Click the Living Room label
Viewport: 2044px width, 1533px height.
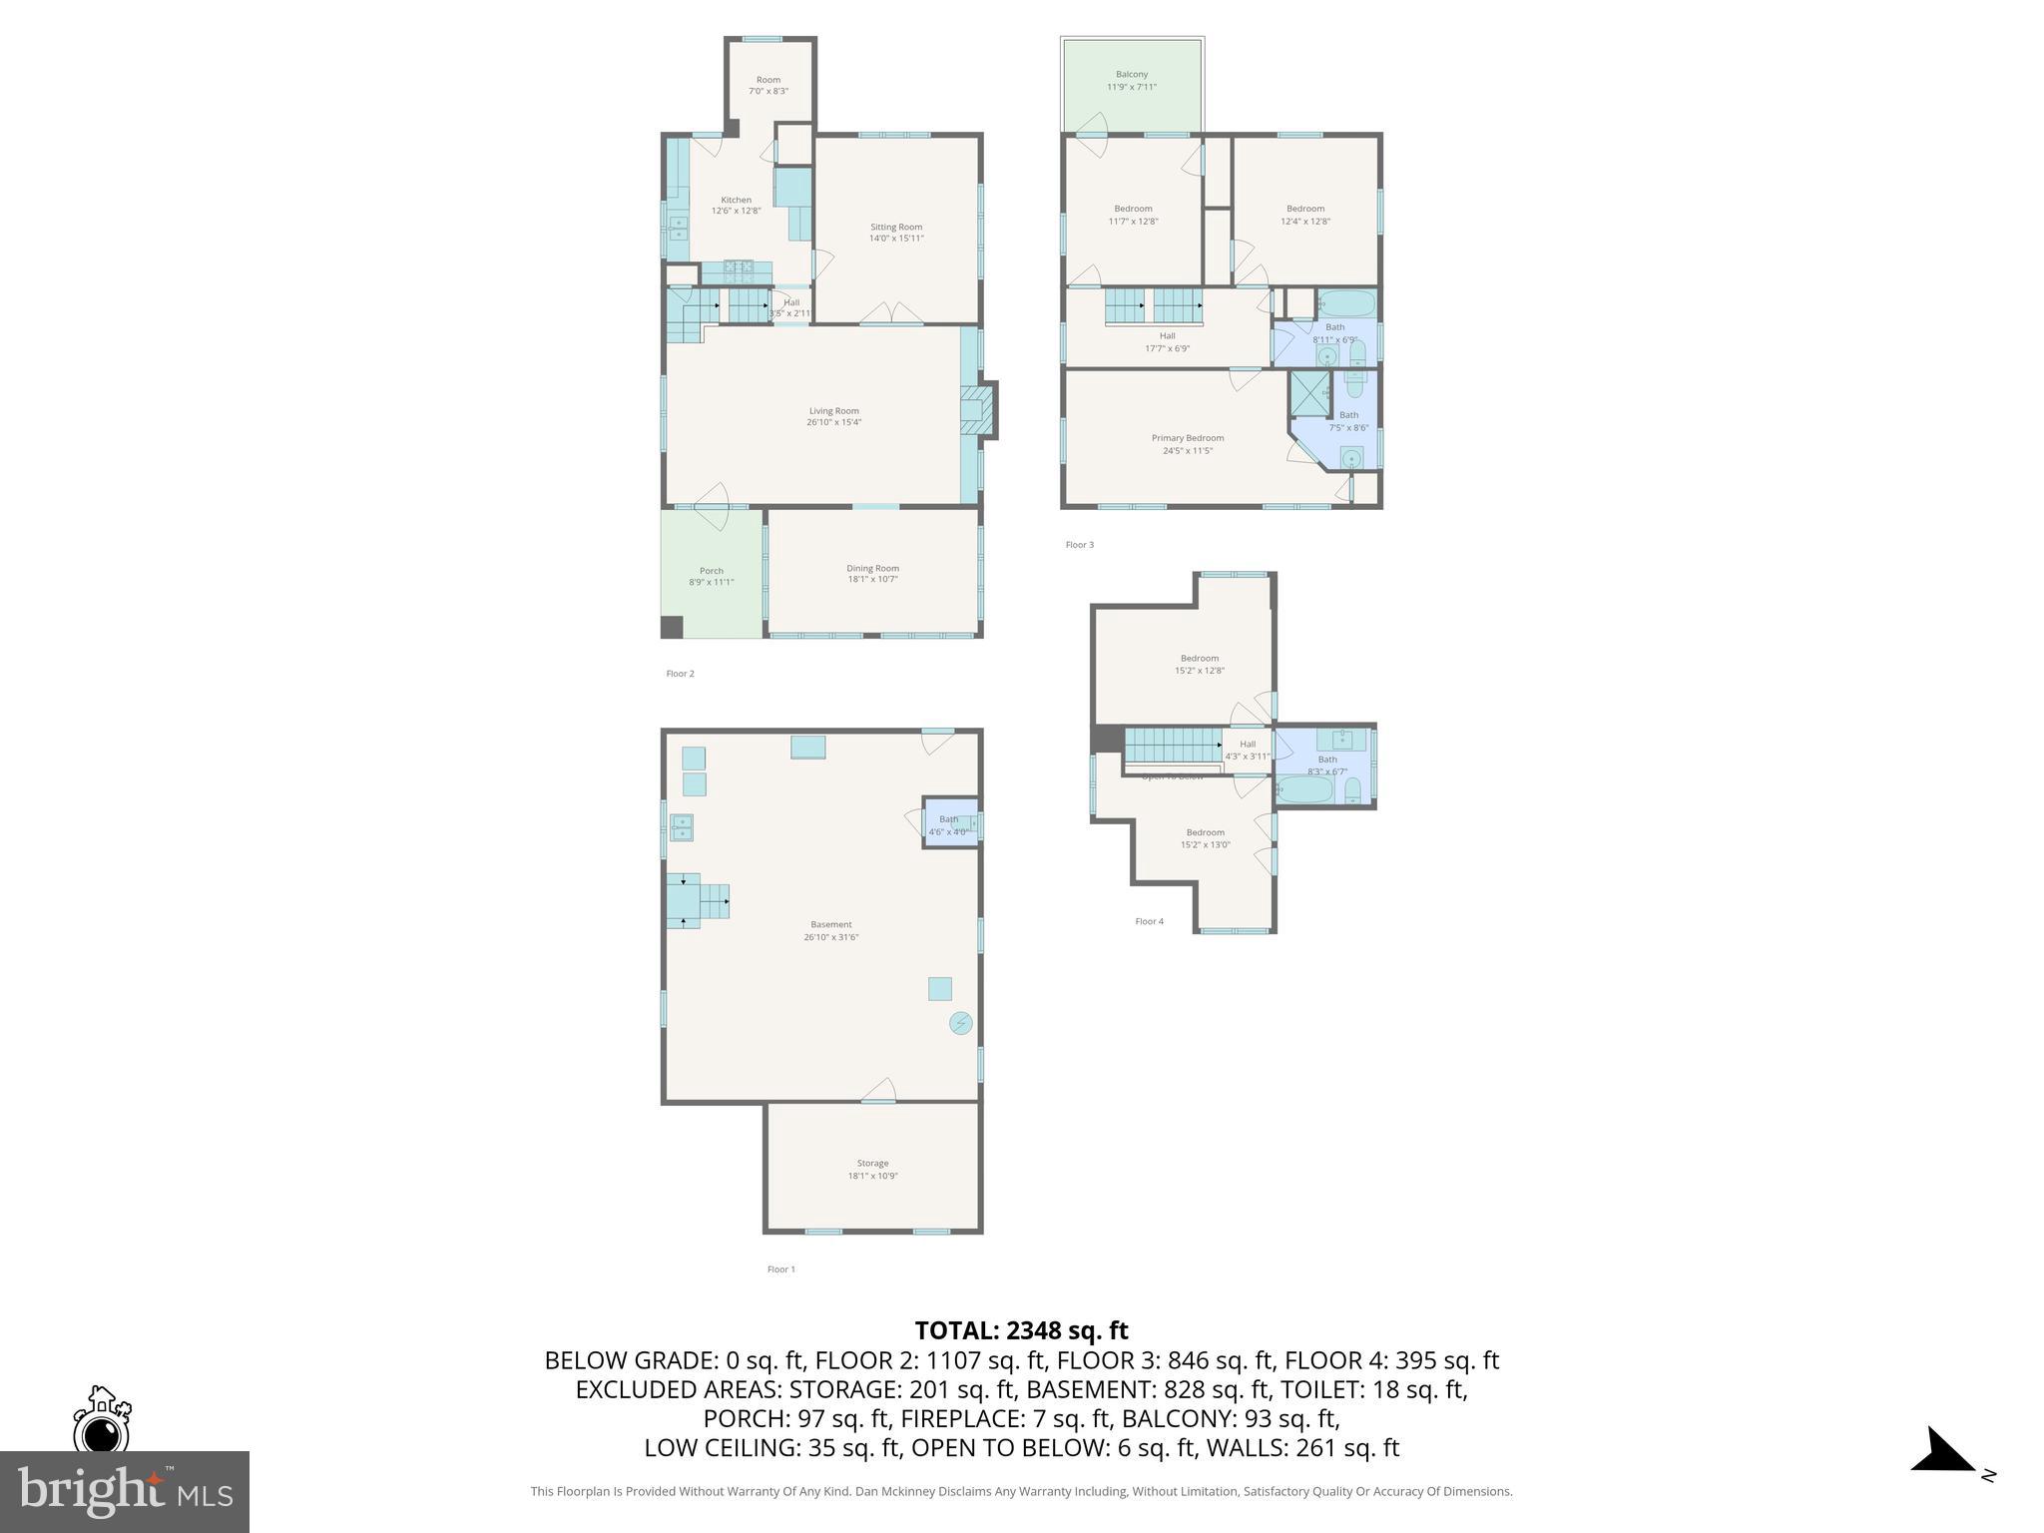[x=833, y=411]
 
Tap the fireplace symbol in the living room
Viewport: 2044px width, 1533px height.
[x=977, y=409]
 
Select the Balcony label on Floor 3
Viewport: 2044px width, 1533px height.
[x=1131, y=75]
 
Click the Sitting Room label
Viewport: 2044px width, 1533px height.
[x=895, y=228]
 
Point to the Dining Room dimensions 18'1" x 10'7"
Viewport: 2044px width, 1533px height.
[x=872, y=579]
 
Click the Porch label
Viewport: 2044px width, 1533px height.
[x=711, y=571]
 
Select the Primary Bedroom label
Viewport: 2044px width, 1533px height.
[x=1187, y=438]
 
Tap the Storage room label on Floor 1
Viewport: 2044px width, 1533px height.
[x=872, y=1163]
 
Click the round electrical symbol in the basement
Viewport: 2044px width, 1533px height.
[x=960, y=1024]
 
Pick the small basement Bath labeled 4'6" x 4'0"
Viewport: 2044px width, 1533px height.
[x=948, y=824]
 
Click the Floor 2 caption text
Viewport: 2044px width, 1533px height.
[x=680, y=674]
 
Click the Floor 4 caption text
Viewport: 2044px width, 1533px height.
[x=1149, y=921]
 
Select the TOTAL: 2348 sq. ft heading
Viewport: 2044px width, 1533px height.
[x=1021, y=1330]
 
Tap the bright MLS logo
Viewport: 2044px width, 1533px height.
[x=125, y=1491]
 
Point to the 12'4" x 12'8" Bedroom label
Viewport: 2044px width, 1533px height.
[x=1305, y=216]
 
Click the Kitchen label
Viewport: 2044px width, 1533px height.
[x=736, y=200]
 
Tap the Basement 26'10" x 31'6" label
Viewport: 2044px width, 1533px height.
[x=830, y=930]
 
